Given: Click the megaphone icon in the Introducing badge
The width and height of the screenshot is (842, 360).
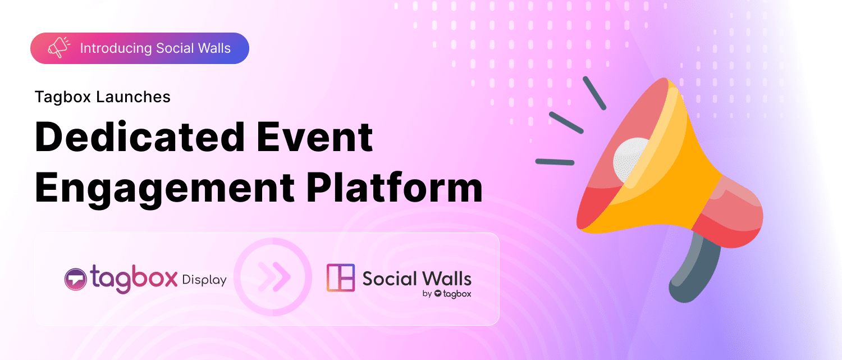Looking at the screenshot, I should pos(58,48).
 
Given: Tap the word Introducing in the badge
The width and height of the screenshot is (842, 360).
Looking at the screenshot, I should pos(116,48).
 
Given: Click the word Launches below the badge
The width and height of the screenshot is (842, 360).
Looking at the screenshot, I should pos(134,97).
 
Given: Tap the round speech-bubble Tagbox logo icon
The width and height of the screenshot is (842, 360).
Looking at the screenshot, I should pos(75,279).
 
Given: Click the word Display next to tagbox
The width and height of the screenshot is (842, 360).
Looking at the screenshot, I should pos(204,280).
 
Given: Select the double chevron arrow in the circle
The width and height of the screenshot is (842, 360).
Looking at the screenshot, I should pos(273,277).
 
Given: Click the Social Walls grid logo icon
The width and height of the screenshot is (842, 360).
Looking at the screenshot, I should pos(341,277).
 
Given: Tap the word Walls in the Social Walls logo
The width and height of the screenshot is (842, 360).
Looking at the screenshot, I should pos(447,278).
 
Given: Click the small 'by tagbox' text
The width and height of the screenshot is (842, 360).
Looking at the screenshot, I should pos(446,293).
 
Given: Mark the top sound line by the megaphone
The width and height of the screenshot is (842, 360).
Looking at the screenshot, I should pos(594,92).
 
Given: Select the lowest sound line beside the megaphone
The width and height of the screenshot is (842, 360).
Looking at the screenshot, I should pos(555,162).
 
